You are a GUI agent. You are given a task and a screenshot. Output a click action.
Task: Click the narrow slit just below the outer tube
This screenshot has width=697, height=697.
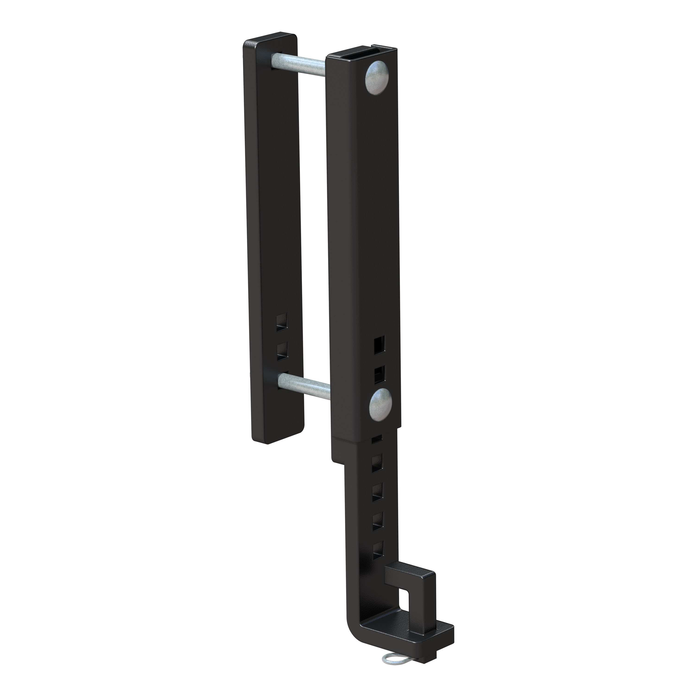click(377, 439)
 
